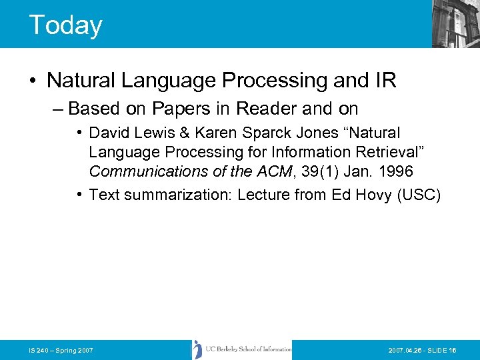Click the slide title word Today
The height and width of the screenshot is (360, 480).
65,25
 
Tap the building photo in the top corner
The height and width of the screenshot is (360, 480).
455,23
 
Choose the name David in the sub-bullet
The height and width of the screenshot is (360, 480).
111,133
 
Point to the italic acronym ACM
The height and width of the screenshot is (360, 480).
273,171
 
